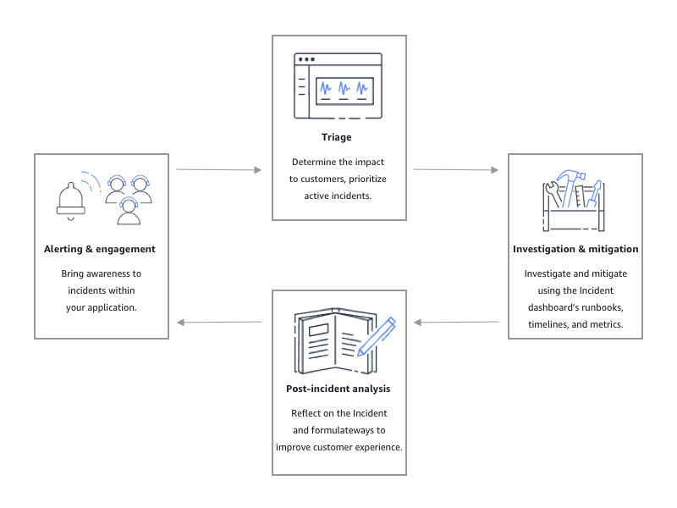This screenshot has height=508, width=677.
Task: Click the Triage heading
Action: tap(336, 137)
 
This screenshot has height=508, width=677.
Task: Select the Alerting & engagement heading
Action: tap(100, 249)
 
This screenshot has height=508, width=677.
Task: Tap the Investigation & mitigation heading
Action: tap(575, 249)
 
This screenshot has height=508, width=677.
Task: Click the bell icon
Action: tap(71, 199)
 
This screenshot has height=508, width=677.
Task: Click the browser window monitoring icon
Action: tap(338, 86)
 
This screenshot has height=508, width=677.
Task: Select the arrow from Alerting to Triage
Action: tap(219, 170)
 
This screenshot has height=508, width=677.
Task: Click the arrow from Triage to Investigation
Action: tap(456, 170)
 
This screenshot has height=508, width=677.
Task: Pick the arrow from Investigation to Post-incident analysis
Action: tap(456, 323)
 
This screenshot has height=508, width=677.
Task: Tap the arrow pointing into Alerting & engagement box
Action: tap(219, 323)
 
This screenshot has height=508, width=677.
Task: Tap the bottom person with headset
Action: tap(129, 212)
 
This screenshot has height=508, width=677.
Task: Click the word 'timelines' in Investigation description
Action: tap(548, 324)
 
